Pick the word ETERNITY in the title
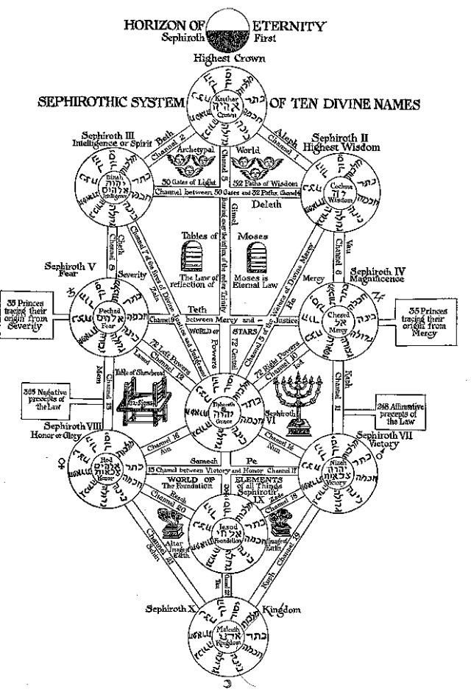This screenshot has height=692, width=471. tap(293, 25)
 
